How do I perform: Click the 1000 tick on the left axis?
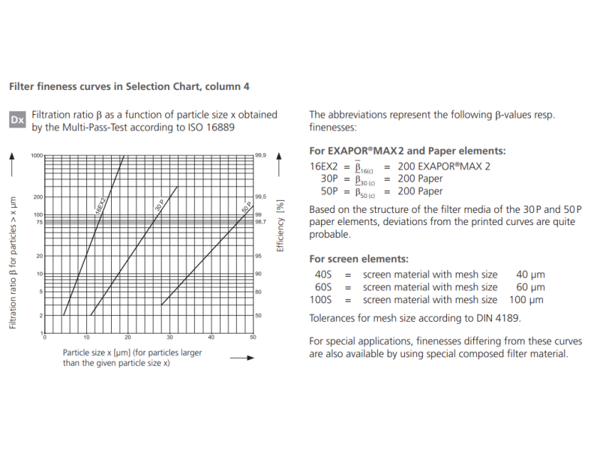tap(37, 155)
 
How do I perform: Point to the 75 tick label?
tap(39, 222)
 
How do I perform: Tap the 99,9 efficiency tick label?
tap(261, 155)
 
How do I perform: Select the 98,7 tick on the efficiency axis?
tap(261, 222)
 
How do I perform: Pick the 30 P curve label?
tap(160, 203)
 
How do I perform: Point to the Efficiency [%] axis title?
tap(280, 225)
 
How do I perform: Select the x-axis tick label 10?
tap(86, 337)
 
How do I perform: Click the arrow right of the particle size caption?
tap(241, 358)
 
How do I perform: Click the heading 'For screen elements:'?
tap(358, 259)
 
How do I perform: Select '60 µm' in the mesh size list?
tap(529, 287)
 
